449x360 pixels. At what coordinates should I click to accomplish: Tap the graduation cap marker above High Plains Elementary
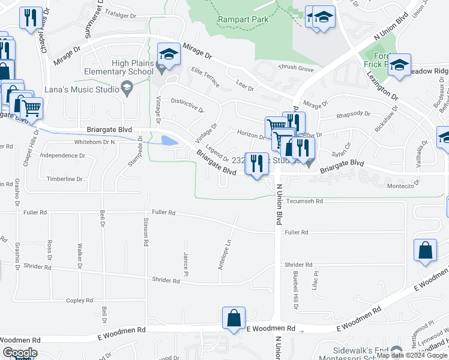click(169, 54)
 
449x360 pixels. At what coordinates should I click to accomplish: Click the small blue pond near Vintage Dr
click(169, 141)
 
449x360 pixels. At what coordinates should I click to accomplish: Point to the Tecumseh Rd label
click(305, 202)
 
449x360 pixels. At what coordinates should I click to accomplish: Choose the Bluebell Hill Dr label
click(295, 290)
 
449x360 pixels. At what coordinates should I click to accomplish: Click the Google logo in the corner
click(19, 353)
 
